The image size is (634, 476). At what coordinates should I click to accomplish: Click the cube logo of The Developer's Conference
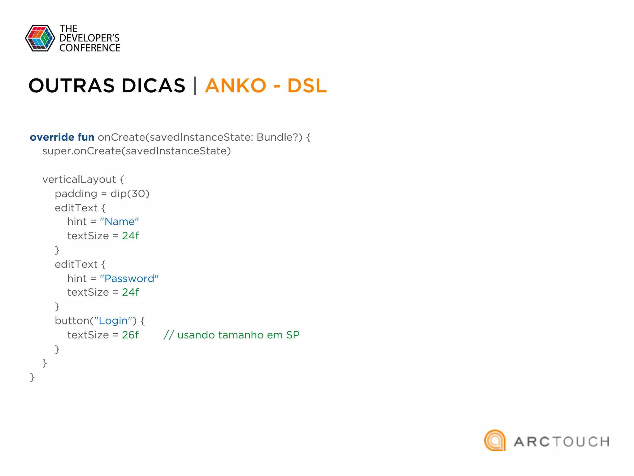click(40, 38)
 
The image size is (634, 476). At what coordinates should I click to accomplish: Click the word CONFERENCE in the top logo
click(90, 48)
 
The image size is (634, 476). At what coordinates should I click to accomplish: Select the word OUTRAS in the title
click(72, 86)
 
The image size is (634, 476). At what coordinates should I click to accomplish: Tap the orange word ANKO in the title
click(235, 86)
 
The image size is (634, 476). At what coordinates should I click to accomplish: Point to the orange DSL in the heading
click(307, 86)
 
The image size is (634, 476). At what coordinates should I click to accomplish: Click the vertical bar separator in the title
click(195, 86)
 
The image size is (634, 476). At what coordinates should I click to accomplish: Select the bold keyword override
click(52, 137)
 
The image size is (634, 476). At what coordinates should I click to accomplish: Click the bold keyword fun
click(86, 137)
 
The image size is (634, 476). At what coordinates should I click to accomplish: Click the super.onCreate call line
click(137, 151)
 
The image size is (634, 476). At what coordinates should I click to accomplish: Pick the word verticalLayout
click(79, 179)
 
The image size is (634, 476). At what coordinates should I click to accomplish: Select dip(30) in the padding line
click(130, 194)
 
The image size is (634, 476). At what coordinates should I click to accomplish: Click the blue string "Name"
click(119, 222)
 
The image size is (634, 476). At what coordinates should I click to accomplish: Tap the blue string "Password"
click(129, 278)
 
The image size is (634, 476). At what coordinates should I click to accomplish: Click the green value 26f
click(130, 335)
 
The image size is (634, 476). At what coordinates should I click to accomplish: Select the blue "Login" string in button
click(113, 321)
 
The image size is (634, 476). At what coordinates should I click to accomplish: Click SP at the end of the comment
click(293, 335)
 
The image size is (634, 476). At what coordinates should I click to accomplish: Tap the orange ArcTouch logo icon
click(495, 440)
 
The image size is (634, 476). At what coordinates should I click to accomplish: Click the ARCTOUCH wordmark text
click(561, 442)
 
